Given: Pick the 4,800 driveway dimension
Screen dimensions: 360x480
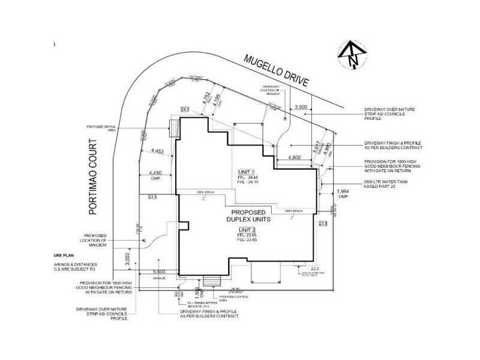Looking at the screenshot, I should point(294,157).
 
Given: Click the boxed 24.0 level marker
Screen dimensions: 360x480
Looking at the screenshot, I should point(185,110).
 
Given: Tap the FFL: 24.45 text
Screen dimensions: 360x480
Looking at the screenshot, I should point(248,178).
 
